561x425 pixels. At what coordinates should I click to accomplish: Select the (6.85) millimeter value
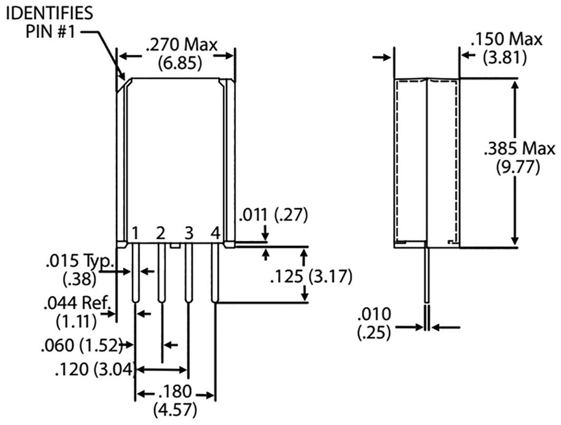click(180, 62)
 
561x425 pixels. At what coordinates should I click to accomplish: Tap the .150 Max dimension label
click(507, 39)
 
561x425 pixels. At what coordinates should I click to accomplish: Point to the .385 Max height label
click(519, 148)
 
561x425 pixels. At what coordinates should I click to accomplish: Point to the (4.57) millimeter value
click(175, 410)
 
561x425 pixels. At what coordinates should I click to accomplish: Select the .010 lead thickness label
click(374, 315)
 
